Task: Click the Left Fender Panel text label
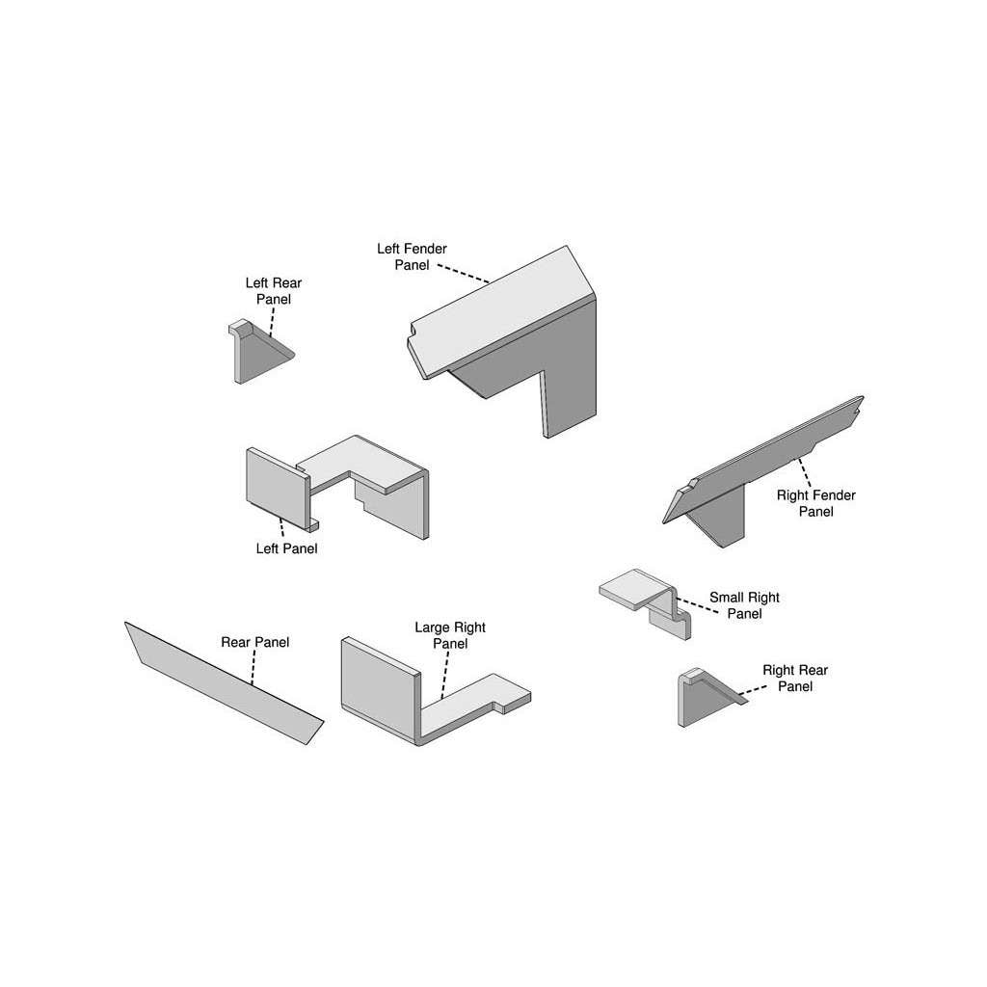tap(412, 256)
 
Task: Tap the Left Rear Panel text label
tap(273, 291)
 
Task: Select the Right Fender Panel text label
tap(815, 503)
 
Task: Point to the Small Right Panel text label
tap(744, 605)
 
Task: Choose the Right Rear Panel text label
tap(795, 678)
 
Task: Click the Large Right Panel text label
tap(450, 635)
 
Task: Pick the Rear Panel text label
tap(254, 642)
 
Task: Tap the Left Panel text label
tap(286, 548)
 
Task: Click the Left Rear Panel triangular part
tap(260, 353)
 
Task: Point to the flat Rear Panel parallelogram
tap(224, 683)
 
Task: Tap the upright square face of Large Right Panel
tap(380, 686)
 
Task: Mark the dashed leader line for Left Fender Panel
tap(464, 274)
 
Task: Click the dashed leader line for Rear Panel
tap(253, 667)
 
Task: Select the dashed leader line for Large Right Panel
tap(445, 675)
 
